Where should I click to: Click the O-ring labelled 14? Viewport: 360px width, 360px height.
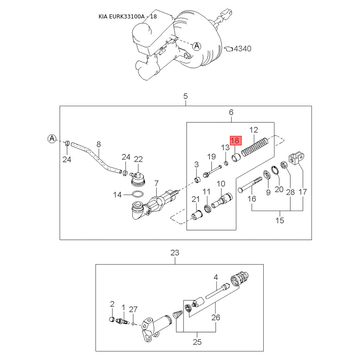pos(138,195)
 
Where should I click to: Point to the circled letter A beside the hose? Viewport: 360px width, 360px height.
pos(52,138)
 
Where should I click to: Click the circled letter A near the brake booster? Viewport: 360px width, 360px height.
pos(197,45)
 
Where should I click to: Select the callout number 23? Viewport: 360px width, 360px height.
pos(175,253)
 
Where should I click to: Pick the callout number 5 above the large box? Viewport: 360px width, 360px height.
pos(185,96)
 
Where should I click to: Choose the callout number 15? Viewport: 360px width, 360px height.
pos(280,220)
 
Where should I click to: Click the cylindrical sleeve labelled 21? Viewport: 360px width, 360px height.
pos(196,215)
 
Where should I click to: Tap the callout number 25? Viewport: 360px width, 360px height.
pos(197,342)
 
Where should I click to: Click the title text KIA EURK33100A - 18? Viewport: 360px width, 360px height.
pos(128,17)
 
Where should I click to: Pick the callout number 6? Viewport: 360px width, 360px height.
pos(231,112)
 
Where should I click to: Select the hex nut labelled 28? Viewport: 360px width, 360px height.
pos(284,165)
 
